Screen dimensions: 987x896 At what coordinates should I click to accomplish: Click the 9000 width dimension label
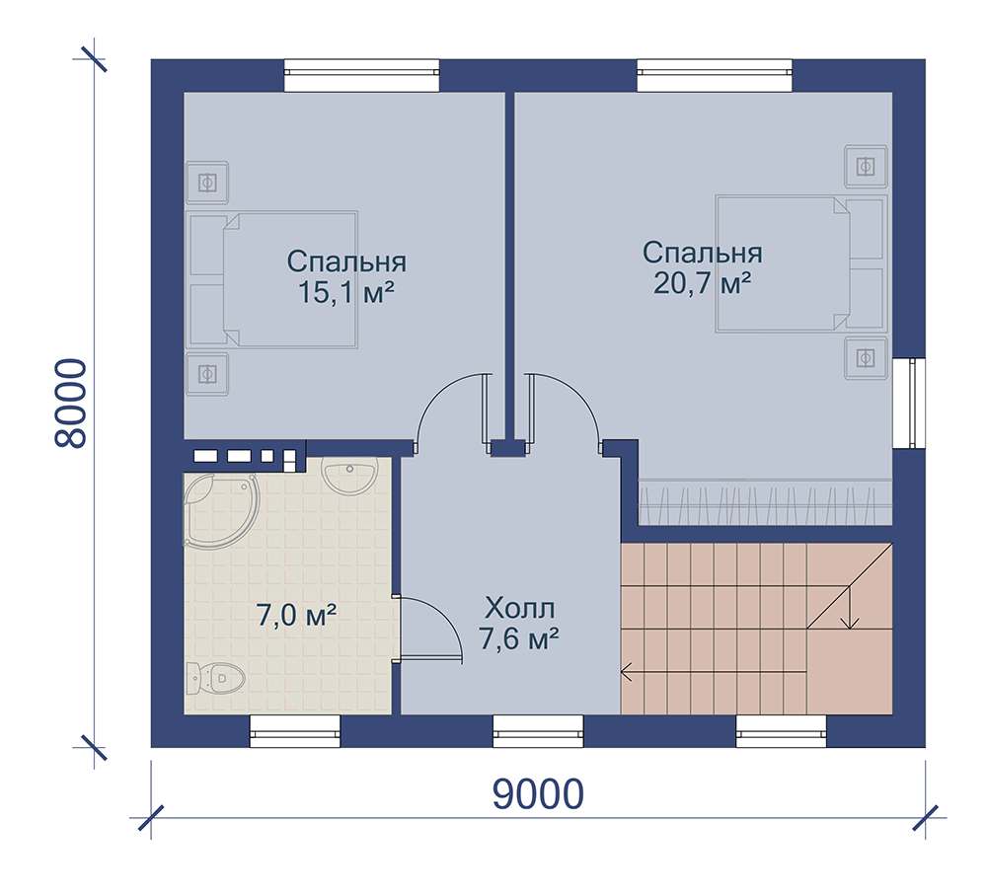538,794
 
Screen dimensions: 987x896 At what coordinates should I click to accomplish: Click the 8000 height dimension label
70,404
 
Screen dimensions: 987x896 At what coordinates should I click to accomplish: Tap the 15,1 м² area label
345,292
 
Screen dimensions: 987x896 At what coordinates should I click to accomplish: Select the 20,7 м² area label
702,283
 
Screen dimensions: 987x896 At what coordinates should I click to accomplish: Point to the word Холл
520,609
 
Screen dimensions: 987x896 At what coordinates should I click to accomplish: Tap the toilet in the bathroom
215,678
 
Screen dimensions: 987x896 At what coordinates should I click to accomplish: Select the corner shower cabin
220,510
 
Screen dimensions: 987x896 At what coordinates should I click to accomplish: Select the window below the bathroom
294,730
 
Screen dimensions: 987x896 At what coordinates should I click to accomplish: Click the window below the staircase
781,730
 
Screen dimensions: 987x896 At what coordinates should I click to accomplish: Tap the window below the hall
538,730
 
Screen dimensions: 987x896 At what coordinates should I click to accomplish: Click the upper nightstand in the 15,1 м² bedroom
207,183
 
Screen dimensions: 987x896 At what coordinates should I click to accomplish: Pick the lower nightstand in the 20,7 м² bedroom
867,358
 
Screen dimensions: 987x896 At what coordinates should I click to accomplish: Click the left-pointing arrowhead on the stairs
626,672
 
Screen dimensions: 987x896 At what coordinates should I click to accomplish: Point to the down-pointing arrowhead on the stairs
851,623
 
